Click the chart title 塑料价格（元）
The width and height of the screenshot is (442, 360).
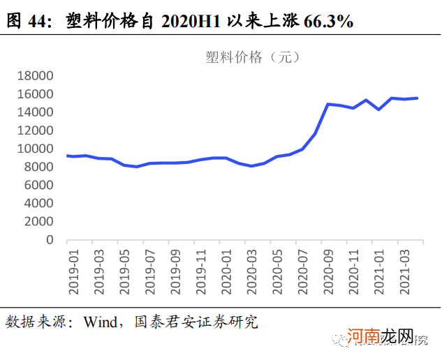(x=253, y=57)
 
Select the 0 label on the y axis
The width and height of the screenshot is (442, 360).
(x=50, y=240)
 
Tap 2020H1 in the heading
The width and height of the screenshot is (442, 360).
(x=191, y=22)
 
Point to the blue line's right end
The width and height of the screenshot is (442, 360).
(x=418, y=98)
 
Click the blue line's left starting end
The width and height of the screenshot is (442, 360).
(x=67, y=156)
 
